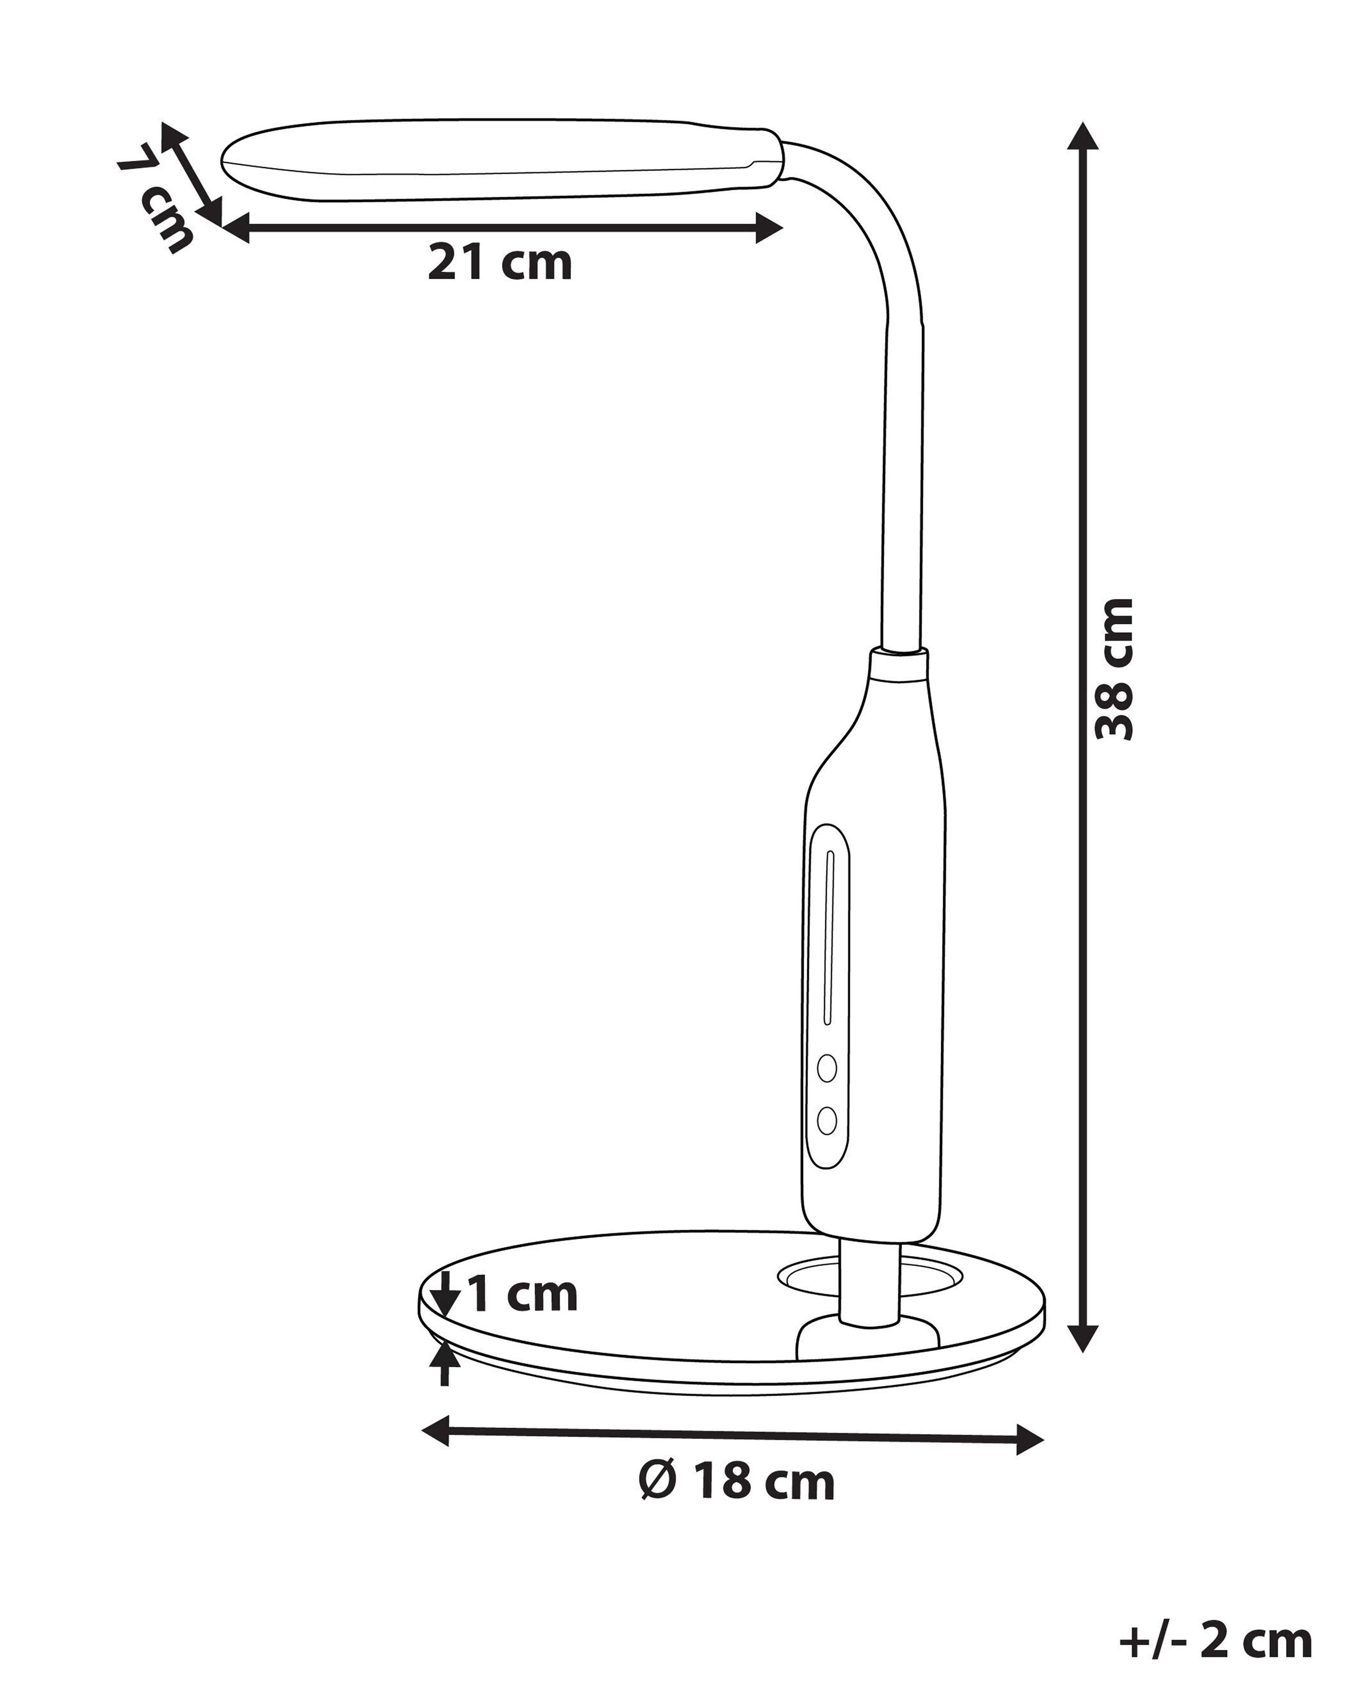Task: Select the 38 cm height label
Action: [x=1113, y=669]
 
